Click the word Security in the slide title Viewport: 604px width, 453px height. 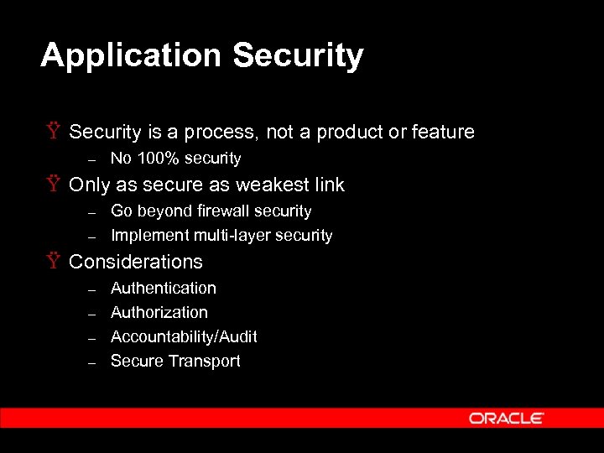coord(298,56)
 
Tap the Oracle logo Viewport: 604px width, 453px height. coord(507,418)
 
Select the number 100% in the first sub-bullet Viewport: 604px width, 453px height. coord(155,159)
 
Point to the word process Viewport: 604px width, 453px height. coord(219,133)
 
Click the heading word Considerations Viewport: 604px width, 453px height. coord(136,262)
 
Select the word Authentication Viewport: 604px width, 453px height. coord(164,288)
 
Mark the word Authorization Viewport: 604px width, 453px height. coord(159,312)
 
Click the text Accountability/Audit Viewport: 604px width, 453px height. coord(184,336)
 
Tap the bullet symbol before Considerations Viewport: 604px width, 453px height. coord(54,262)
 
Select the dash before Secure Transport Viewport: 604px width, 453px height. coord(93,362)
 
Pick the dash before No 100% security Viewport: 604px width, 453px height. coord(93,159)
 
